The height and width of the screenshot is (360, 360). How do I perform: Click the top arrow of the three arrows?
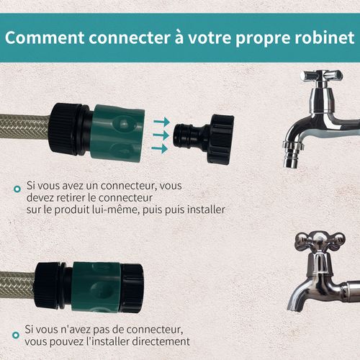point(161,122)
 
